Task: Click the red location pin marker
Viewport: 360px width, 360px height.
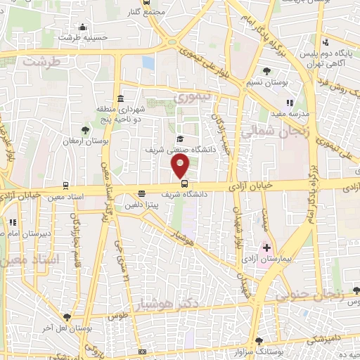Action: (181, 166)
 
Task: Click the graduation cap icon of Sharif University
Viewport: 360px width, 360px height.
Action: (180, 139)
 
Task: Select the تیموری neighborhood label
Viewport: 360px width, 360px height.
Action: (191, 99)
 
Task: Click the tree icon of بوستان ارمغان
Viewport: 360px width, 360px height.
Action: (85, 129)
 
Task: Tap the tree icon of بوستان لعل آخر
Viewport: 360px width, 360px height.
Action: (67, 317)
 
